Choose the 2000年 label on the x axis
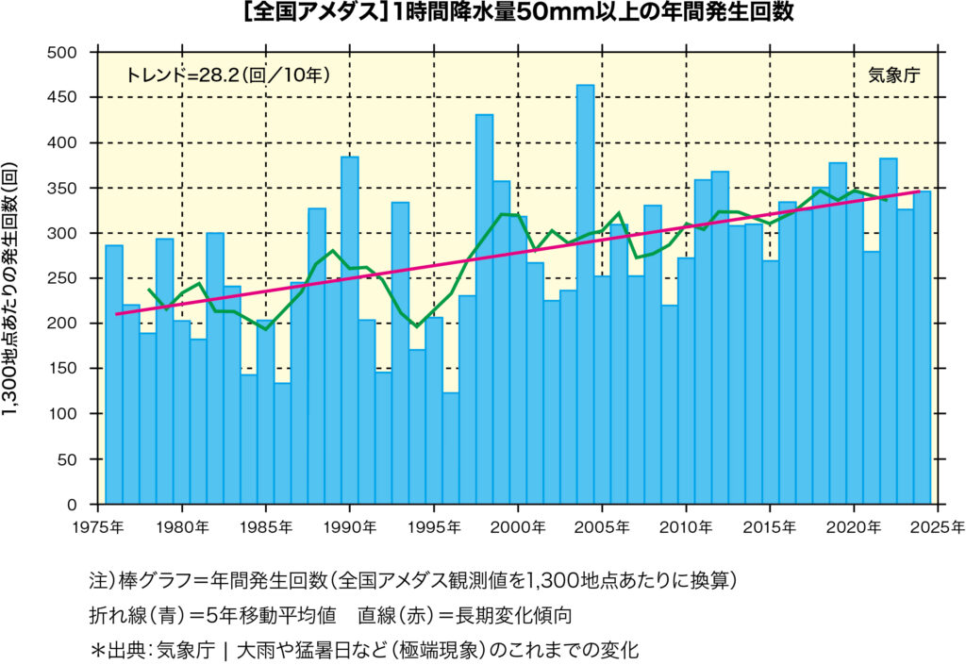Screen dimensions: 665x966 click(518, 525)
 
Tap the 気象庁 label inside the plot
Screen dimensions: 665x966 click(892, 75)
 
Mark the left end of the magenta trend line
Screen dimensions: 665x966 click(117, 314)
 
